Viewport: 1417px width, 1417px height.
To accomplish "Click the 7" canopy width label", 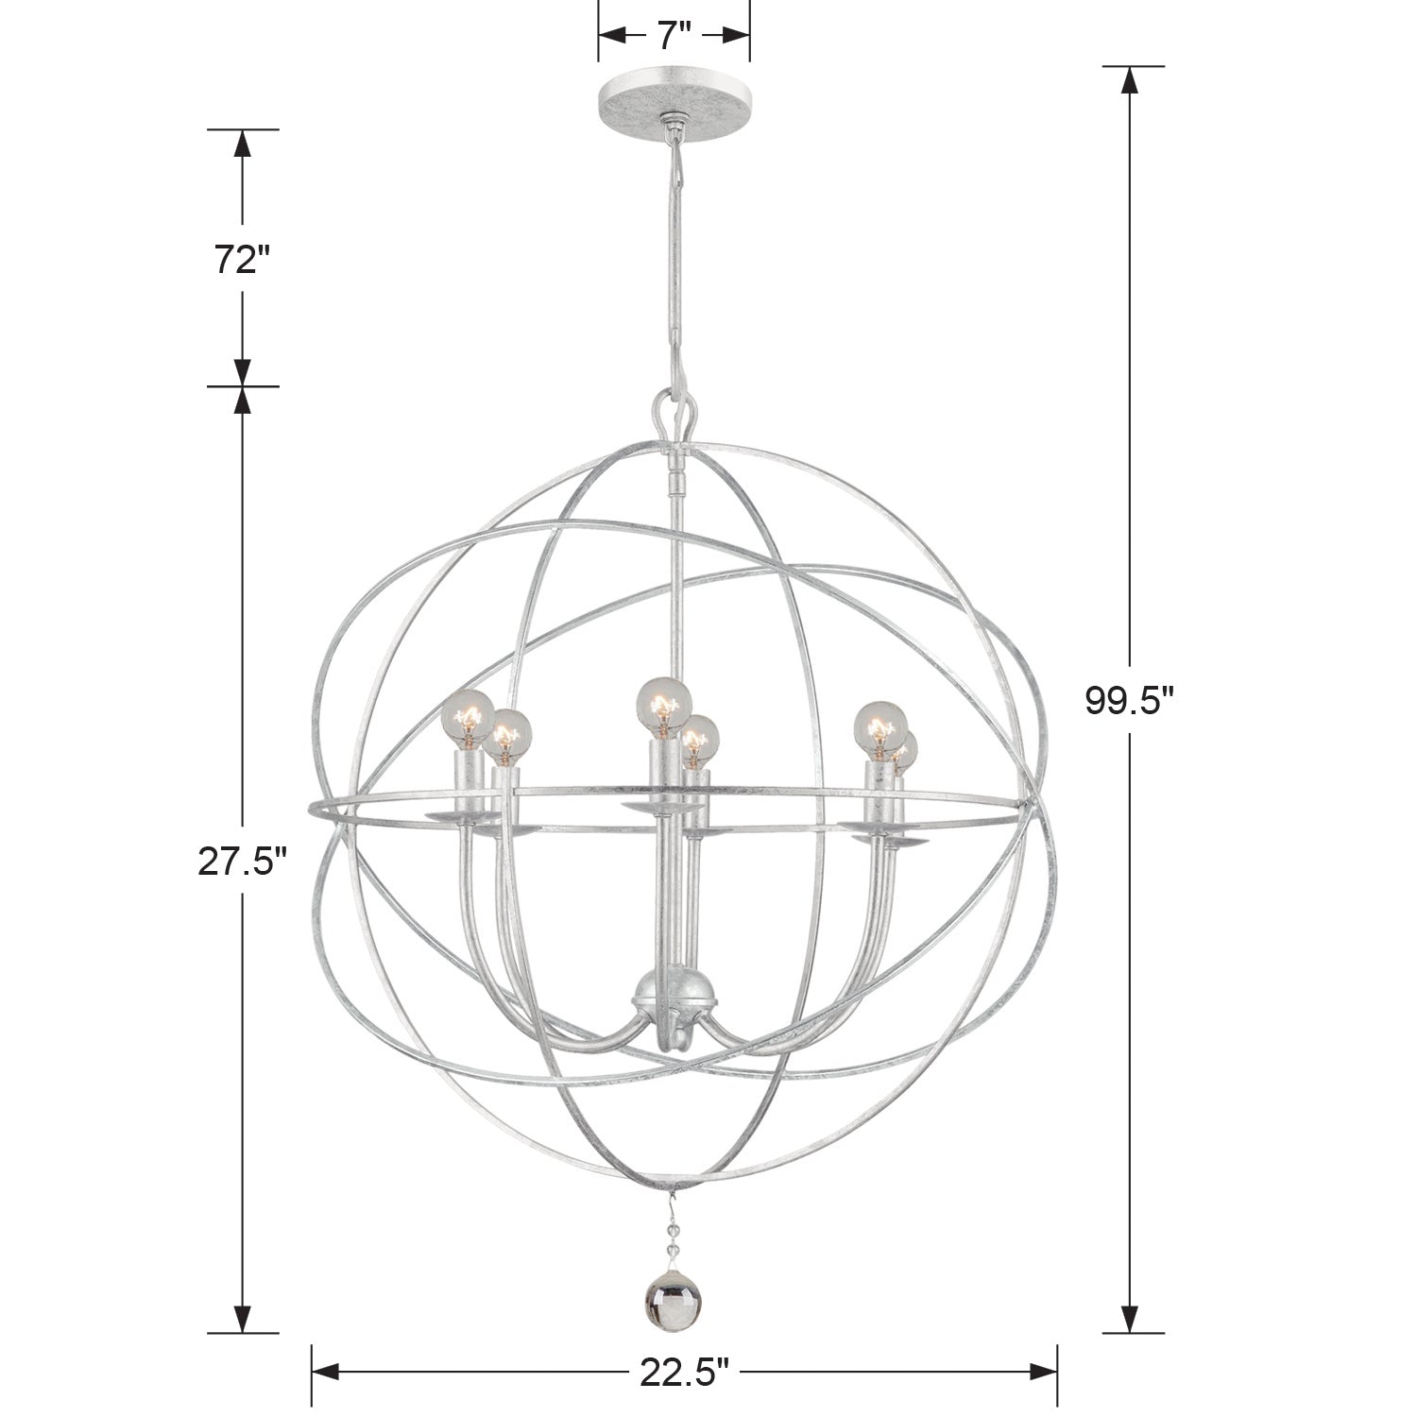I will pyautogui.click(x=674, y=35).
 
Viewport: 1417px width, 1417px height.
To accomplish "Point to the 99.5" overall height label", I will pyautogui.click(x=1129, y=700).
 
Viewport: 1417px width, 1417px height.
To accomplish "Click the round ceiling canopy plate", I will pyautogui.click(x=674, y=95).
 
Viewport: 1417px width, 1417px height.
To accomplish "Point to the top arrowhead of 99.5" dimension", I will pyautogui.click(x=1129, y=80).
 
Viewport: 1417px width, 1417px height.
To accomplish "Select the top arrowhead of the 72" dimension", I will pyautogui.click(x=243, y=144).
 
